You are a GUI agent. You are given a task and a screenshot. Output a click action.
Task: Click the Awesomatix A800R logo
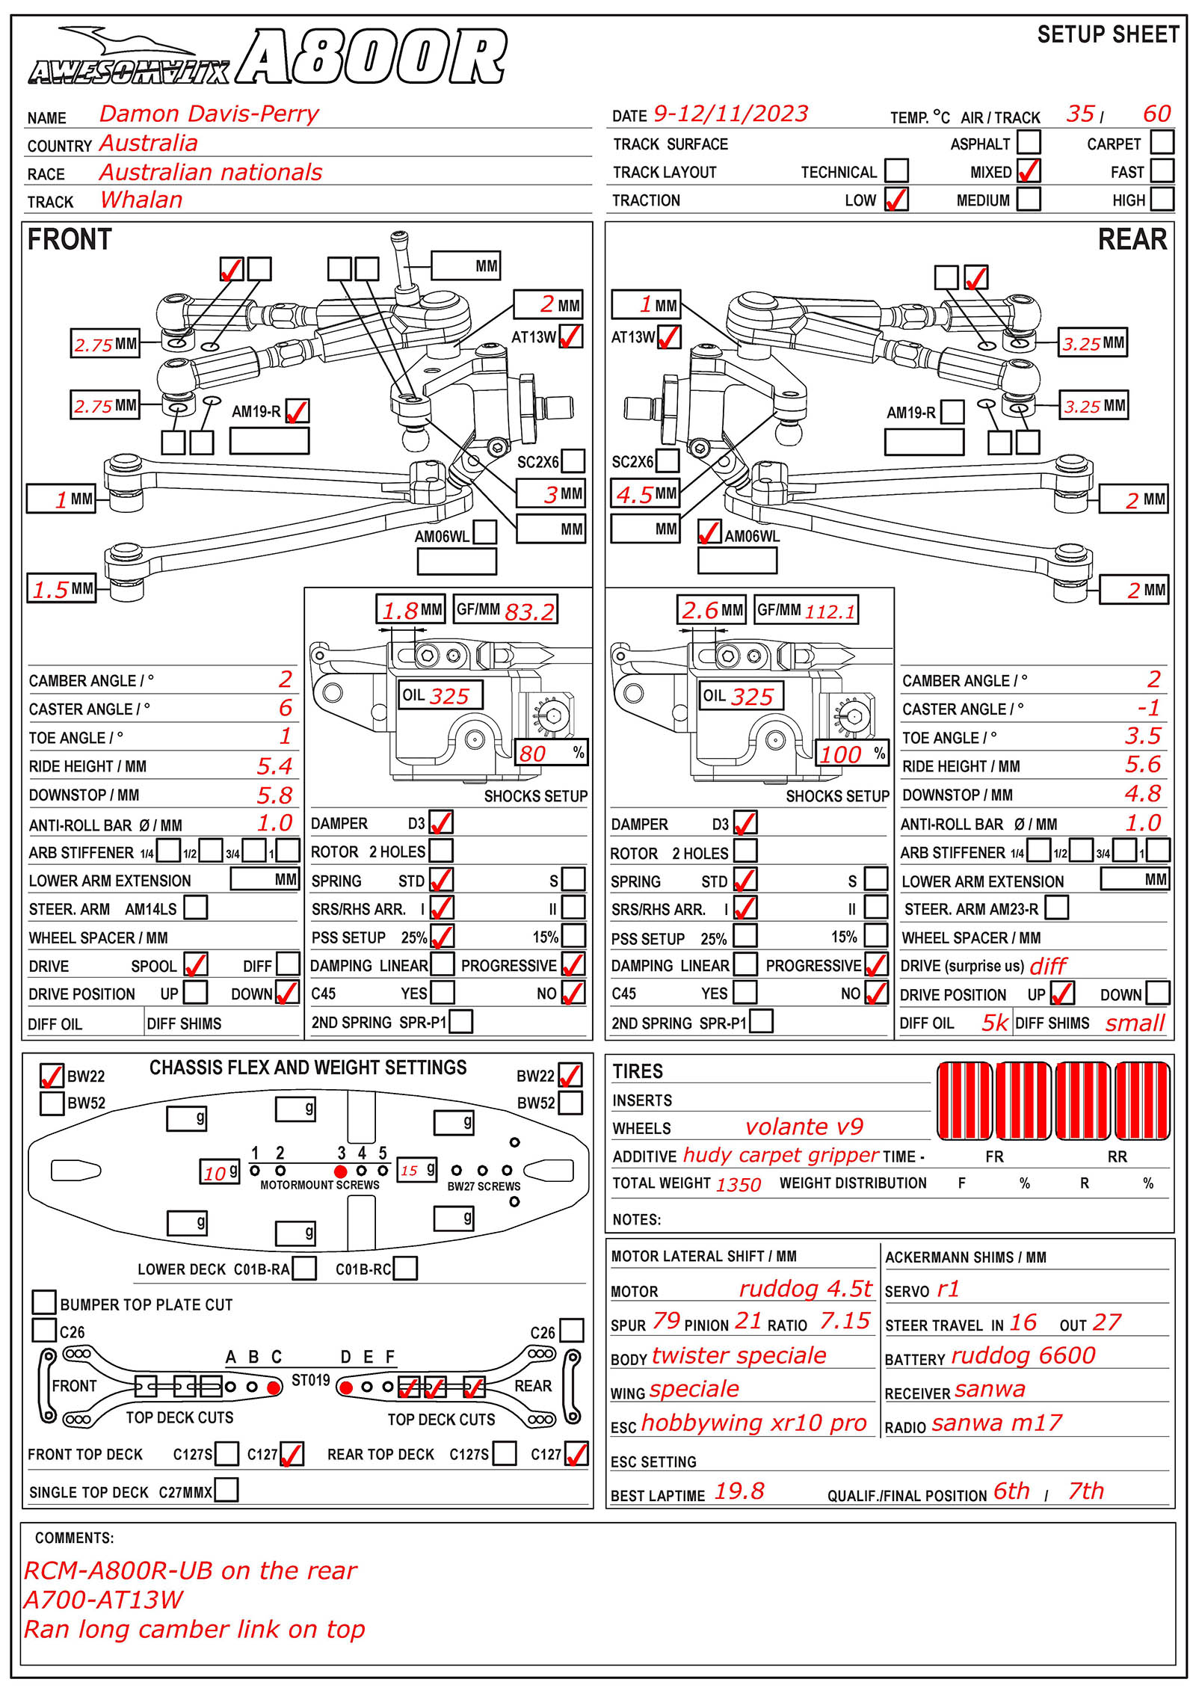267,58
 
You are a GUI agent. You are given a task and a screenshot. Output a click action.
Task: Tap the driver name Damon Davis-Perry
209,114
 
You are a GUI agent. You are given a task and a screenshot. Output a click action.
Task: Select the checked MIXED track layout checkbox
1029,171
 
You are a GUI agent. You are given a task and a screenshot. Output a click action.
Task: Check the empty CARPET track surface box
1162,143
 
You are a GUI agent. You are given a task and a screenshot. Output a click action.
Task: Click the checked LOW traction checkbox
896,200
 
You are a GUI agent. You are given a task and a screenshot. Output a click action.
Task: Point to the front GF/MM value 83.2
529,612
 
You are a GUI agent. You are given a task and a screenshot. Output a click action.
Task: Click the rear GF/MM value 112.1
830,612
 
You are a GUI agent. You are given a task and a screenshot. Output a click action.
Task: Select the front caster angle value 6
286,708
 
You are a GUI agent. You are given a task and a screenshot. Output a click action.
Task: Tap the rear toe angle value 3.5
1143,736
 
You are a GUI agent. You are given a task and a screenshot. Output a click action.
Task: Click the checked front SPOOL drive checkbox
196,964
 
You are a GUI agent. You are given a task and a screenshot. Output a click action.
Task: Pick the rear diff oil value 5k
994,1023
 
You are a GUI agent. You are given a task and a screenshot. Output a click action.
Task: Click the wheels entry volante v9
804,1127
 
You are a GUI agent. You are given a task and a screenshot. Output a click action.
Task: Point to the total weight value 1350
738,1184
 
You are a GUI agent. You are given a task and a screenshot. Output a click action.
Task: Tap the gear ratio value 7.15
845,1321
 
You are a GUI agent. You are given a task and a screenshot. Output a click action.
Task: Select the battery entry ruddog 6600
1023,1355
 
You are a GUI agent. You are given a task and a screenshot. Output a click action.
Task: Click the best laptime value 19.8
739,1491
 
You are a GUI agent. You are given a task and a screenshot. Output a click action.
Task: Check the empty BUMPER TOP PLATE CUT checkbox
45,1302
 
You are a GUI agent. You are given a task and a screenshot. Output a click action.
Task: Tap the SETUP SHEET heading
1107,34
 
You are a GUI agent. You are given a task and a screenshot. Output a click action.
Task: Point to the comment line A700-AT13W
104,1600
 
